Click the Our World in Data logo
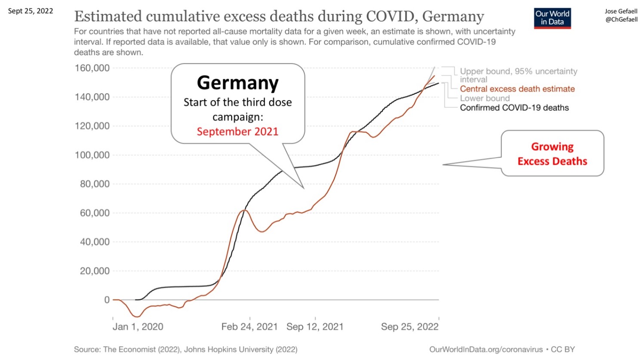(x=552, y=18)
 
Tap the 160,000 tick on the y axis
(x=92, y=68)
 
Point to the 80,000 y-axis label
(x=95, y=184)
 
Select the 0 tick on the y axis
(x=107, y=300)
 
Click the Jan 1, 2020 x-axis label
(x=138, y=327)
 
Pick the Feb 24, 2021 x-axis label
(x=249, y=327)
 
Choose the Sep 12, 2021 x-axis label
(x=315, y=327)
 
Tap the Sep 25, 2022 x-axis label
(x=409, y=327)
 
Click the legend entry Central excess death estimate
(x=517, y=89)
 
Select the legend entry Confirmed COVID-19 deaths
(x=514, y=108)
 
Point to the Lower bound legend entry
(x=485, y=98)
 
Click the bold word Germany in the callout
(x=237, y=83)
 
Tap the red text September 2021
(x=237, y=132)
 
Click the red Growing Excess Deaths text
(x=552, y=154)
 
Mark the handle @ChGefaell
(x=621, y=19)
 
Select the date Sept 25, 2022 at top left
(x=31, y=11)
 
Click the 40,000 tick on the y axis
(x=95, y=242)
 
